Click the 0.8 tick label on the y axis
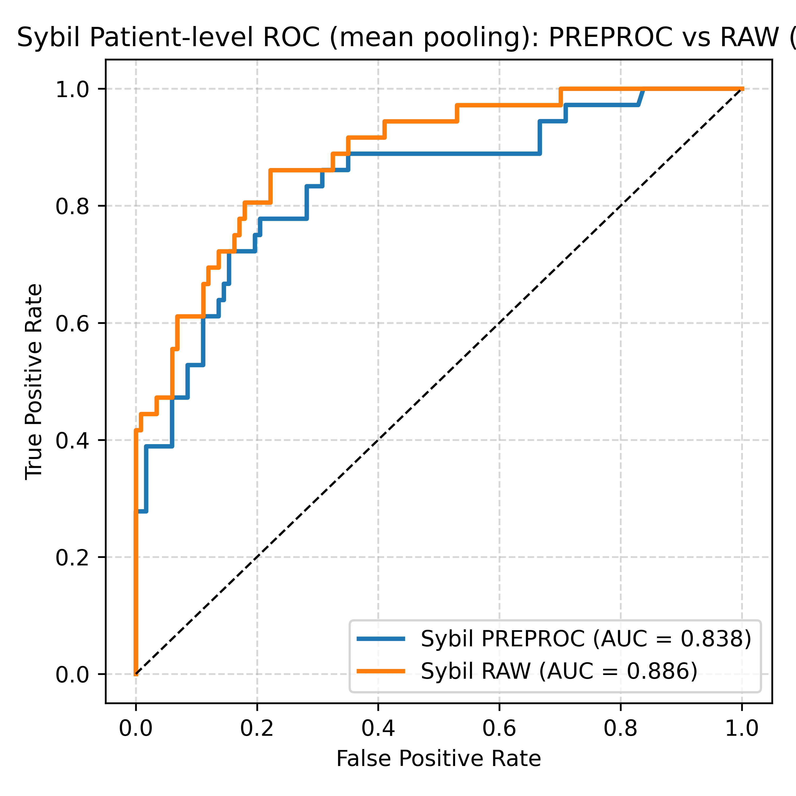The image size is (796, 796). click(72, 206)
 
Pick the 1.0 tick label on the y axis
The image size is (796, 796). click(72, 89)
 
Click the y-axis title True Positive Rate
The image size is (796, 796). click(34, 382)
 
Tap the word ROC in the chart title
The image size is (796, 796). click(291, 38)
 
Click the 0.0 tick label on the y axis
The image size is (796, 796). click(72, 674)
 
